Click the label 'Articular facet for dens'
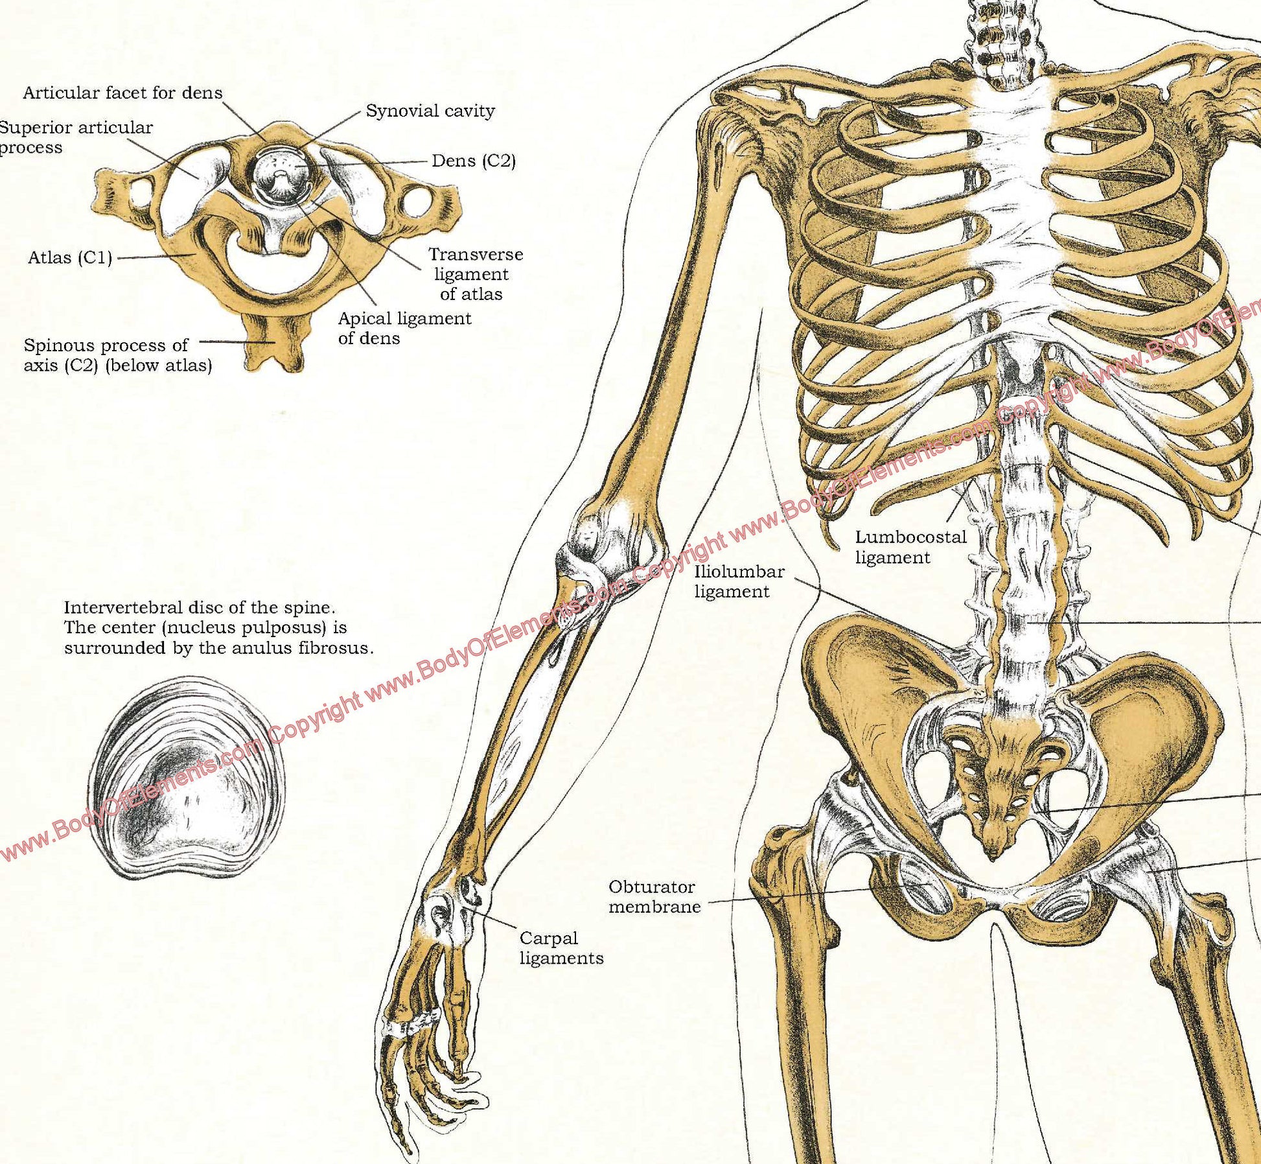tap(122, 93)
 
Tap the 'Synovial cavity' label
tap(430, 111)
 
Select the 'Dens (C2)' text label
tap(474, 161)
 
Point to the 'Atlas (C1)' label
tap(70, 258)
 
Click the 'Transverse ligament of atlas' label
tap(475, 274)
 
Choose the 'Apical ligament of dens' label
tap(404, 328)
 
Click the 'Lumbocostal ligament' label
tap(910, 547)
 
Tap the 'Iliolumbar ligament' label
tap(739, 581)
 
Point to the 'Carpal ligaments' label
tap(561, 948)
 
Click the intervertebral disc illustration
tap(187, 777)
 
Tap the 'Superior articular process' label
tap(76, 137)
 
